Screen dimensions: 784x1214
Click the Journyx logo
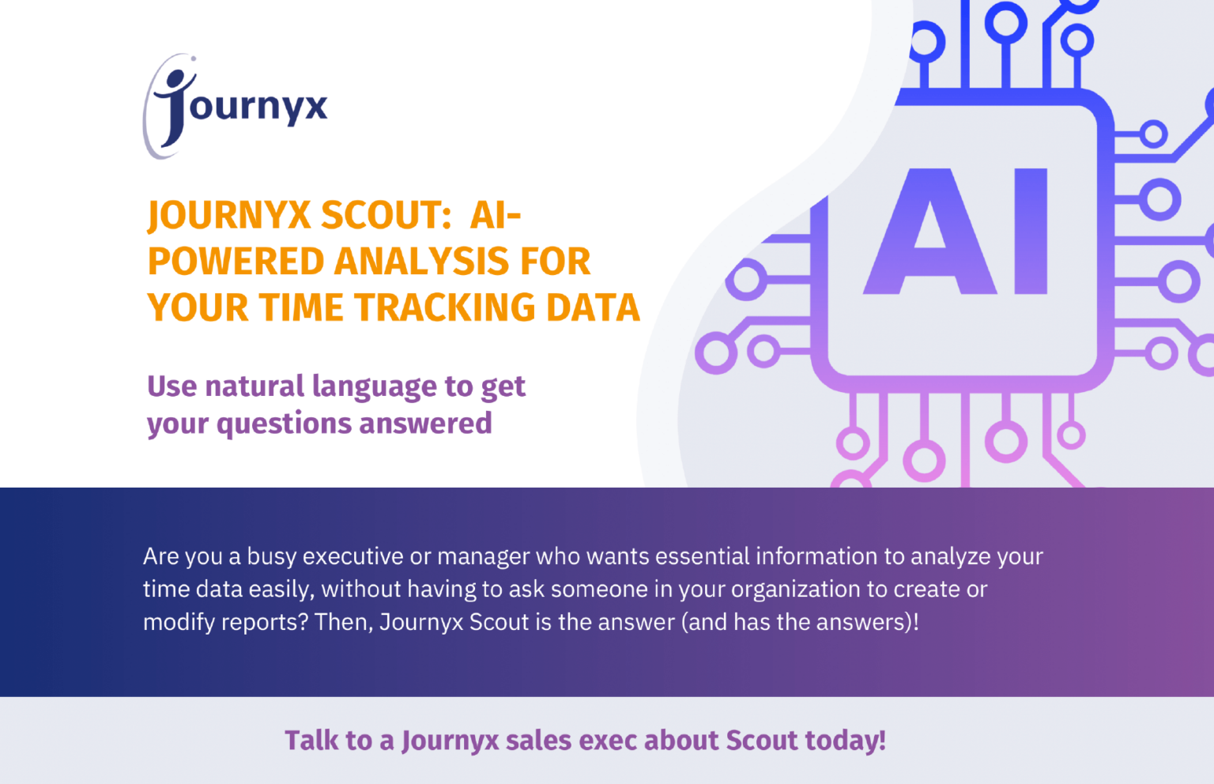point(235,107)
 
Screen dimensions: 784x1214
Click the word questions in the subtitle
point(283,424)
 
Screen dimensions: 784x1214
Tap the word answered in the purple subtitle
point(425,424)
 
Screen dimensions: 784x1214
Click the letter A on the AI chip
point(929,232)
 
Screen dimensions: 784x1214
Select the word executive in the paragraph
point(353,556)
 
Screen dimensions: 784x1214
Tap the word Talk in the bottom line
point(311,741)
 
